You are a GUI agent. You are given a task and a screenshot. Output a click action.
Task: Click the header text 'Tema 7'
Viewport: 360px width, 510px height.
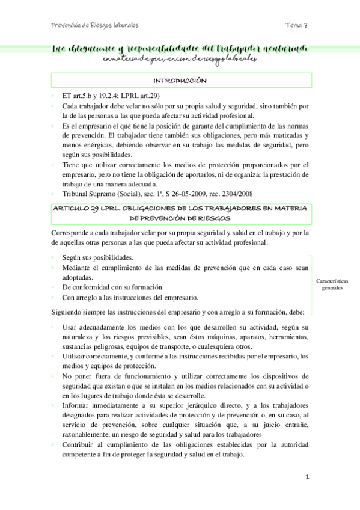[x=297, y=26]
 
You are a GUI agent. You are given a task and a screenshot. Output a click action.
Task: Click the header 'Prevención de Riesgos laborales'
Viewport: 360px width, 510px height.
[x=95, y=26]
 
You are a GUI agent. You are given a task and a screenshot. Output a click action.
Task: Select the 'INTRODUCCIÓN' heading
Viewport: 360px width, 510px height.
[x=180, y=80]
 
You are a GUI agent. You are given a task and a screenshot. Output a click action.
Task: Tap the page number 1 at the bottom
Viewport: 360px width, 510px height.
[x=307, y=477]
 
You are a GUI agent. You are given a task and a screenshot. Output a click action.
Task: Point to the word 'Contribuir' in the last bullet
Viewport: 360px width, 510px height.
[x=79, y=444]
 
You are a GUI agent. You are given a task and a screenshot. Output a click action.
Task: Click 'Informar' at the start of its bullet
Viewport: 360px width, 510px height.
[x=77, y=405]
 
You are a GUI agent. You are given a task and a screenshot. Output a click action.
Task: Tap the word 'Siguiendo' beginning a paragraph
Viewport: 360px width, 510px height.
[x=68, y=312]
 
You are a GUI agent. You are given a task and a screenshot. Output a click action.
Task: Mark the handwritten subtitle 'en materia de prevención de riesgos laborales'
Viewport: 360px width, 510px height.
[x=180, y=59]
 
